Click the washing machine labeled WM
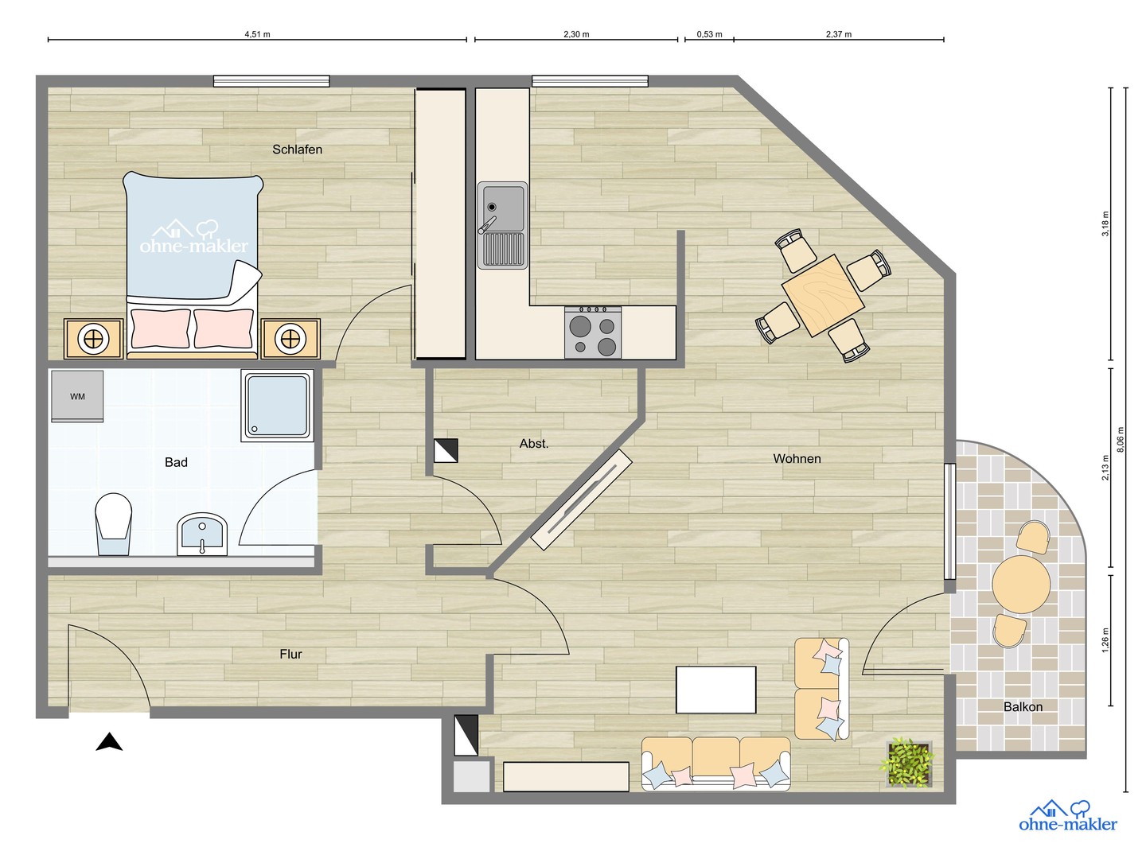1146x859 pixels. point(77,396)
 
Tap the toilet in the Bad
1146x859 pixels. point(113,524)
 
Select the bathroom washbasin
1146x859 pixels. point(202,534)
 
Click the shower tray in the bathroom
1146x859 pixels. point(277,406)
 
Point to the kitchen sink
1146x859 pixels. point(502,225)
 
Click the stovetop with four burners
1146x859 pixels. point(593,332)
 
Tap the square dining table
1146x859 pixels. point(822,295)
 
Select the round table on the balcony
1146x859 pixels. point(1021,584)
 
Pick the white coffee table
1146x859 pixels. point(715,690)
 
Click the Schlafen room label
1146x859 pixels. point(297,150)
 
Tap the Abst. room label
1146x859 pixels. point(533,444)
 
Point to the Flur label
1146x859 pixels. point(290,654)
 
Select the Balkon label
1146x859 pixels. point(1023,707)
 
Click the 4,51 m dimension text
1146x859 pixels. point(257,34)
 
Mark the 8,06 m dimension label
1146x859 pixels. point(1121,440)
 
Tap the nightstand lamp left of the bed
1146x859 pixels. point(93,340)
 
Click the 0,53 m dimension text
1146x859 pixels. point(710,34)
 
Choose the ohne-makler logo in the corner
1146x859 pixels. point(1068,816)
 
